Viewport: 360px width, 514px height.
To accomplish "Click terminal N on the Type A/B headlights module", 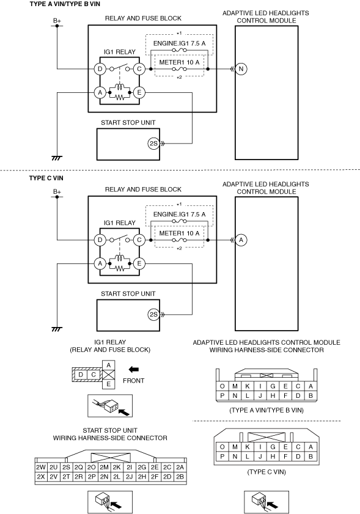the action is click(241, 69).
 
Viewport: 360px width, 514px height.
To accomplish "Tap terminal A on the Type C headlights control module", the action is click(241, 240).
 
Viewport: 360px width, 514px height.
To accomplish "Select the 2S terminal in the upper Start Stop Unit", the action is click(153, 144).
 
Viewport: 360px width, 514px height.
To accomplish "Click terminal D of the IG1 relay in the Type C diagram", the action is click(100, 240).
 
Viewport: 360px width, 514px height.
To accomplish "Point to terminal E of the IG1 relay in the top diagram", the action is click(139, 92).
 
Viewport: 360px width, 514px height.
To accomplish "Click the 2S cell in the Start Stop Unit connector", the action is click(66, 468).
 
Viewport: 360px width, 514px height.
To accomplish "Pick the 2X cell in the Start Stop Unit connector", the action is click(41, 477).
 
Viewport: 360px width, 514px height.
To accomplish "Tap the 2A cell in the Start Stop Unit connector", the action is click(180, 468).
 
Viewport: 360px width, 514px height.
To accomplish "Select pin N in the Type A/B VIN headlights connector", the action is click(235, 395).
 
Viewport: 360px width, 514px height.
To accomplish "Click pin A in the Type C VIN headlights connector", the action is click(310, 447).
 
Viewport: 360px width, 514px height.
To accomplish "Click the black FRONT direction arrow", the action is click(133, 369).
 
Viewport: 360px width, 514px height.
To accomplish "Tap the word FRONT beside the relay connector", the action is click(133, 381).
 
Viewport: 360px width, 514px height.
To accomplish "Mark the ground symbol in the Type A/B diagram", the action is click(57, 158).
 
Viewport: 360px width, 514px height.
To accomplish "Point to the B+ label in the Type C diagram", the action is click(57, 192).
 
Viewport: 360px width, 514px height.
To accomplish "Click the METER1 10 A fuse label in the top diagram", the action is click(179, 62).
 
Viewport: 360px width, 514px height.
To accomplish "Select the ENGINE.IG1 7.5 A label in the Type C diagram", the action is click(179, 215).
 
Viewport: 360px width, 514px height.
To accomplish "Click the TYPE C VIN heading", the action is click(46, 178).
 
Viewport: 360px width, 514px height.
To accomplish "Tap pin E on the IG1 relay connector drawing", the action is click(109, 384).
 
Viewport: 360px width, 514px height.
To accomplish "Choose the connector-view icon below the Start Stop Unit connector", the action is click(110, 502).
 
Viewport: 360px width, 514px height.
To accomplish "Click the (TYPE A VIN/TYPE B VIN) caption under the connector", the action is click(266, 410).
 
